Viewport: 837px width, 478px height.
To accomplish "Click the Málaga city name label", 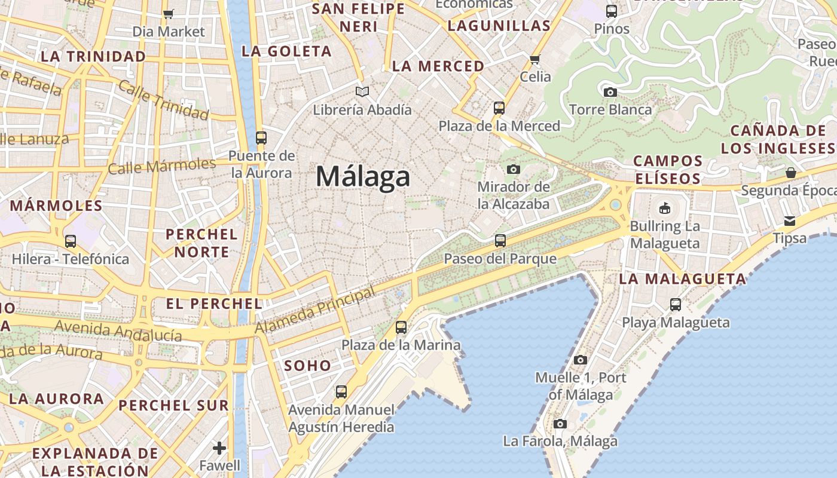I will [363, 177].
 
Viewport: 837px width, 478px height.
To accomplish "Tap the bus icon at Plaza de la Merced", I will [499, 108].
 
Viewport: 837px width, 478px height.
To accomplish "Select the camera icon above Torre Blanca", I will [610, 92].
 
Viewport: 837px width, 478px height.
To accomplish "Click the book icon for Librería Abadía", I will [362, 91].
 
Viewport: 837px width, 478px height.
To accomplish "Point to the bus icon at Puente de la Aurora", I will [261, 138].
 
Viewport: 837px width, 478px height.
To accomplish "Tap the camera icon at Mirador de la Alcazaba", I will [513, 169].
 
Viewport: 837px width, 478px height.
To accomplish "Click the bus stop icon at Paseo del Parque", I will [500, 241].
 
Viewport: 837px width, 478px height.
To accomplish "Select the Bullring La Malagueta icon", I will [664, 209].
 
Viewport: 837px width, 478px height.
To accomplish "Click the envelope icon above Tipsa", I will [790, 221].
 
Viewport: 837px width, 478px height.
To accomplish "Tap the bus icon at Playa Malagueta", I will [676, 305].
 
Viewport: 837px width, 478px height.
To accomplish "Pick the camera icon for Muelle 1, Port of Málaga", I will [580, 360].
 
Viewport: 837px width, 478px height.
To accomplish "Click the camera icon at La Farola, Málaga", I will [560, 424].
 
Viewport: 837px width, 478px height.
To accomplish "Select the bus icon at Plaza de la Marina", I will [401, 327].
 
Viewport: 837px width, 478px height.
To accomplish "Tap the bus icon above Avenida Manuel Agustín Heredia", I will [341, 392].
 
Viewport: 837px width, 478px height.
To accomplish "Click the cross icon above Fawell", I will [219, 448].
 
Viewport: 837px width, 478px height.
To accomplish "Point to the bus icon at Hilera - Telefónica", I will [71, 241].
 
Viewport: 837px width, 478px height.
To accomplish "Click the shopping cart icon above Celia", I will [535, 59].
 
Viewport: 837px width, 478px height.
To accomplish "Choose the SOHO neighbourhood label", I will [307, 366].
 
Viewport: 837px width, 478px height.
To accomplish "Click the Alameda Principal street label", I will [315, 310].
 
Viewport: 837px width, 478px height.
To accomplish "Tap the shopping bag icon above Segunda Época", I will [791, 173].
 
